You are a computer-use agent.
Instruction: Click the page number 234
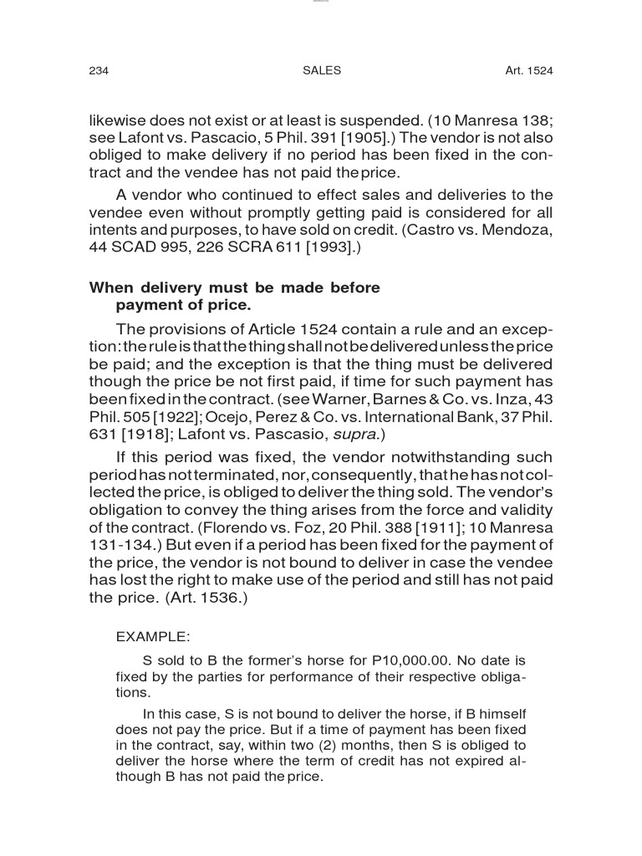tap(99, 71)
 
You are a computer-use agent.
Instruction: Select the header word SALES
tap(321, 71)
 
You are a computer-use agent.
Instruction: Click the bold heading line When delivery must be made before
tap(234, 288)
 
